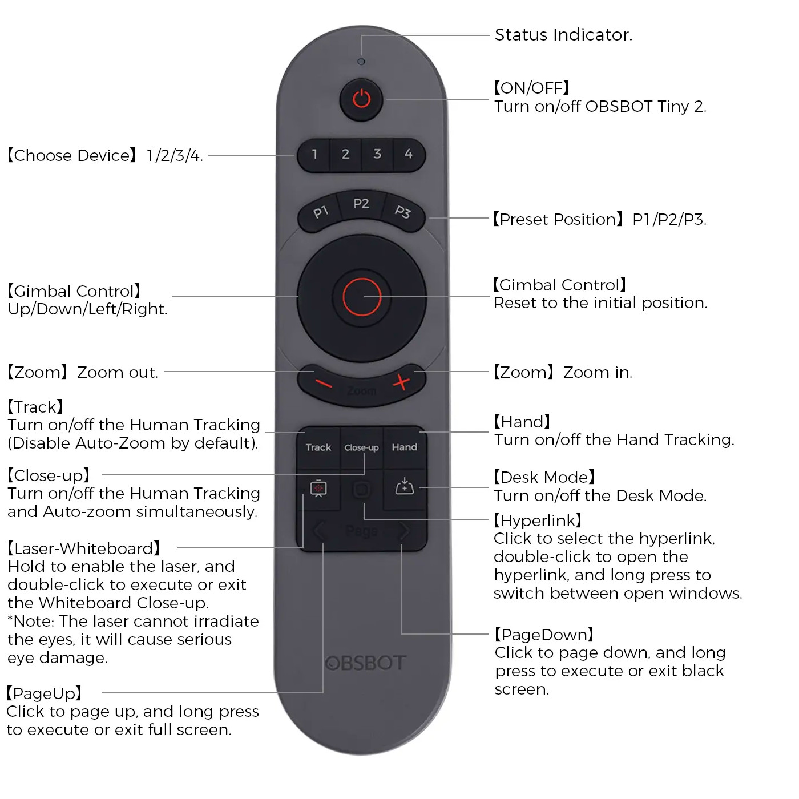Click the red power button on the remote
pyautogui.click(x=361, y=99)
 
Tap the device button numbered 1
pyautogui.click(x=314, y=155)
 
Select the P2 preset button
pyautogui.click(x=361, y=204)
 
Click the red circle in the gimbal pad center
pyautogui.click(x=362, y=297)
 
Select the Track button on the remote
pyautogui.click(x=318, y=447)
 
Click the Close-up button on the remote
pyautogui.click(x=362, y=447)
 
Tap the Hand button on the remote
pyautogui.click(x=404, y=447)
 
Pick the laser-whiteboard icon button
pyautogui.click(x=318, y=489)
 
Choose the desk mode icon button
pyautogui.click(x=404, y=487)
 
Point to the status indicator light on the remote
pyautogui.click(x=361, y=62)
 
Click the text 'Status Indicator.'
pyautogui.click(x=563, y=35)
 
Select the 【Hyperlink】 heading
pyautogui.click(x=538, y=520)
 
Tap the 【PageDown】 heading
pyautogui.click(x=544, y=635)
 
